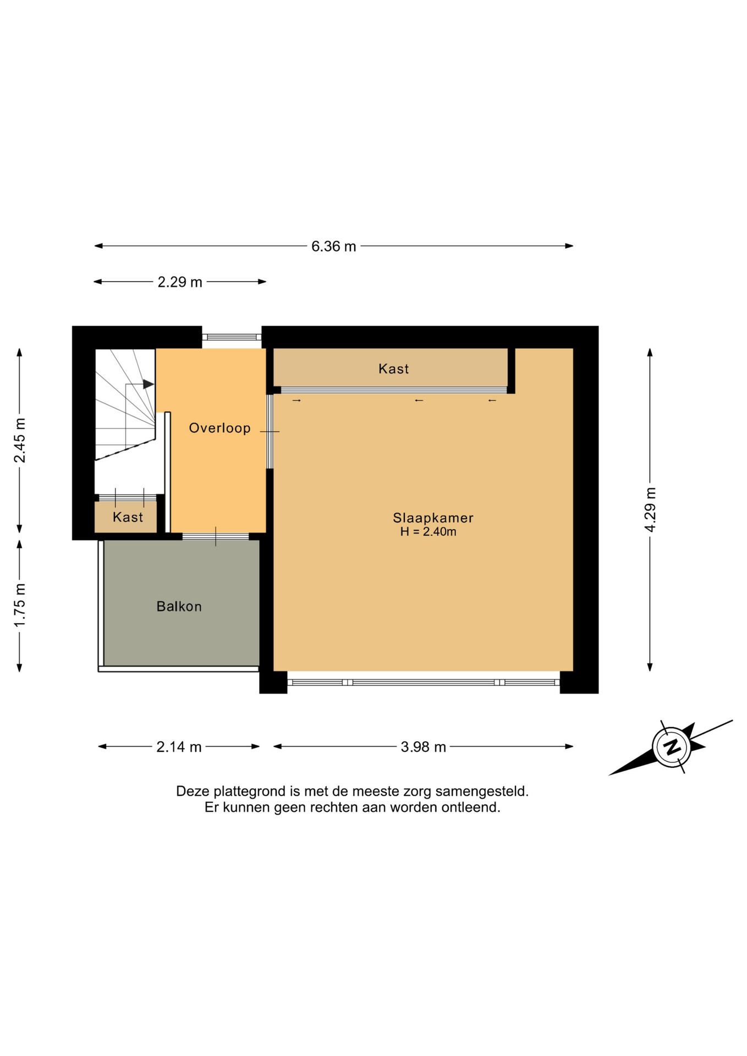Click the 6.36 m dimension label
pyautogui.click(x=333, y=246)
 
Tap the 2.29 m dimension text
pyautogui.click(x=180, y=282)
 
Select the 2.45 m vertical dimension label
pyautogui.click(x=20, y=441)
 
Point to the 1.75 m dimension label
pyautogui.click(x=20, y=605)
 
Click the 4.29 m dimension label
pyautogui.click(x=650, y=510)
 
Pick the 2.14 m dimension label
pyautogui.click(x=179, y=747)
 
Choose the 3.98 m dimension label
pyautogui.click(x=423, y=747)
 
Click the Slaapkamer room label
pyautogui.click(x=433, y=518)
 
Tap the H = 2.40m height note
pyautogui.click(x=428, y=532)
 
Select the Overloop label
pyautogui.click(x=219, y=428)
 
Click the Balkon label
pyautogui.click(x=179, y=606)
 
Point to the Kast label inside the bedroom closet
pyautogui.click(x=393, y=369)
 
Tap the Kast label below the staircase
pyautogui.click(x=128, y=517)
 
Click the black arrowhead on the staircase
pyautogui.click(x=149, y=384)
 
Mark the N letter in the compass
pyautogui.click(x=671, y=747)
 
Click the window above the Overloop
pyautogui.click(x=232, y=337)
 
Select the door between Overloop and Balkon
pyautogui.click(x=216, y=536)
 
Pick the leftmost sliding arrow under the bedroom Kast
pyautogui.click(x=296, y=400)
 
